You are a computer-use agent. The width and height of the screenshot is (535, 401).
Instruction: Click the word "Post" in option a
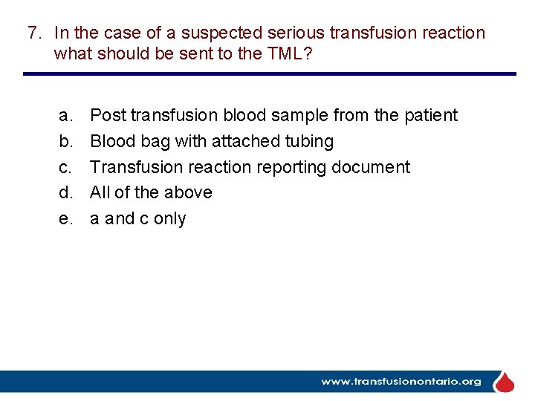(x=108, y=116)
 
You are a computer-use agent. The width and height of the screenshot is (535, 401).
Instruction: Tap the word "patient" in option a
(x=431, y=116)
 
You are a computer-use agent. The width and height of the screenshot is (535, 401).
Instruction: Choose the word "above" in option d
(x=189, y=192)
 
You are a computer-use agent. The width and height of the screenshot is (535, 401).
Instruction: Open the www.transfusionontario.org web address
(x=401, y=382)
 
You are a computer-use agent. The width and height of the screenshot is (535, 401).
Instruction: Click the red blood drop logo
(x=505, y=382)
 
